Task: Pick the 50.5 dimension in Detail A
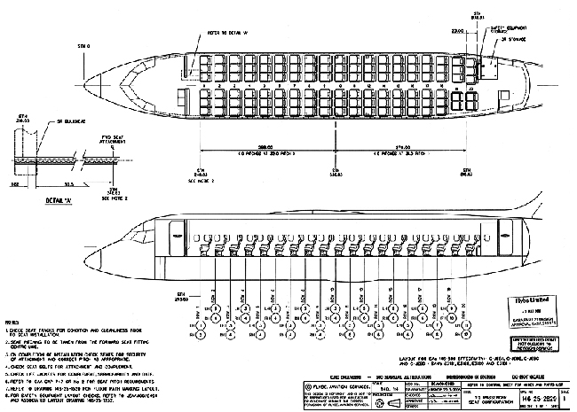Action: click(68, 186)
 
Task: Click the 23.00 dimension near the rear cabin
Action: click(458, 31)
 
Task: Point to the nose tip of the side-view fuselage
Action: click(105, 256)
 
